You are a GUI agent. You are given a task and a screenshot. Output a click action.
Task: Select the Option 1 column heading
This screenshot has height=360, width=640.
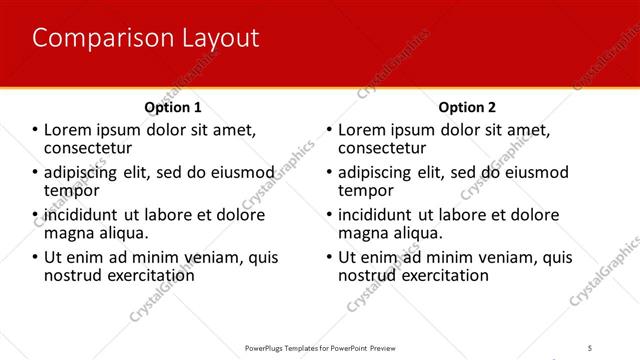coord(173,107)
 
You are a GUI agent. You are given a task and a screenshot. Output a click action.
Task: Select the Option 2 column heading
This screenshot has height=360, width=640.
coord(466,107)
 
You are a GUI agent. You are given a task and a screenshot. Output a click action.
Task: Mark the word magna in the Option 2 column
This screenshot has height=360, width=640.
coord(363,232)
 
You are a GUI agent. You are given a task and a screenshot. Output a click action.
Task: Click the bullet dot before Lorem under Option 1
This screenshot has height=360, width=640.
coord(36,130)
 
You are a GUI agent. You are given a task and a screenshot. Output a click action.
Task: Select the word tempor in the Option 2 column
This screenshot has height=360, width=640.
coord(367,190)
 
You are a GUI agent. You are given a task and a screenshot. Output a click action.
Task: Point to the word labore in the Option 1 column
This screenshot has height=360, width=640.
coord(174,215)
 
